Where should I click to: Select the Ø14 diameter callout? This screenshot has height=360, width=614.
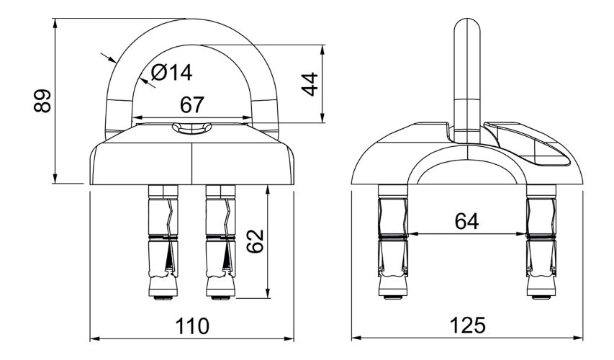pos(173,72)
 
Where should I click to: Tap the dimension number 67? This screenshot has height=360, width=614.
pos(192,105)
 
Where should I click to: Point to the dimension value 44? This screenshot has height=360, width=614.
pos(310,84)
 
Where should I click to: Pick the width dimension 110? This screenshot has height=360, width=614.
pos(193,325)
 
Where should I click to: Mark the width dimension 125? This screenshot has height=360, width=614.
pos(466,325)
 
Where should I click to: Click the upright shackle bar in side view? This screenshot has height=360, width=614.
pos(467,72)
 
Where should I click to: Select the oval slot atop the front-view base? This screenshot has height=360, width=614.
pos(192,128)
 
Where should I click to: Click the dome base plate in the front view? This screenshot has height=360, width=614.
pos(192,162)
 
